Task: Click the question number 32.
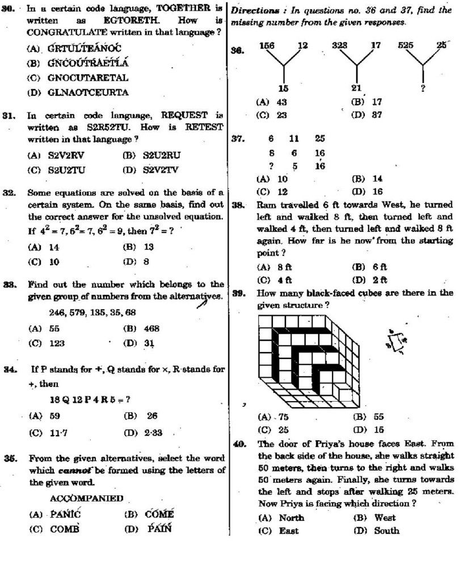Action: click(x=8, y=193)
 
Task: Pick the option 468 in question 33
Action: click(x=151, y=328)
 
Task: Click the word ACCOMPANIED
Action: click(x=86, y=498)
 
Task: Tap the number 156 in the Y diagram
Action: click(x=267, y=45)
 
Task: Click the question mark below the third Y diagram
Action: click(x=423, y=88)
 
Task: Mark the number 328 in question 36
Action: click(x=339, y=45)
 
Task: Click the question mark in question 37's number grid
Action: click(x=271, y=166)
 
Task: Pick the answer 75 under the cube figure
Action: click(x=282, y=416)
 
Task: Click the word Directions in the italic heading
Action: click(x=252, y=10)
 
